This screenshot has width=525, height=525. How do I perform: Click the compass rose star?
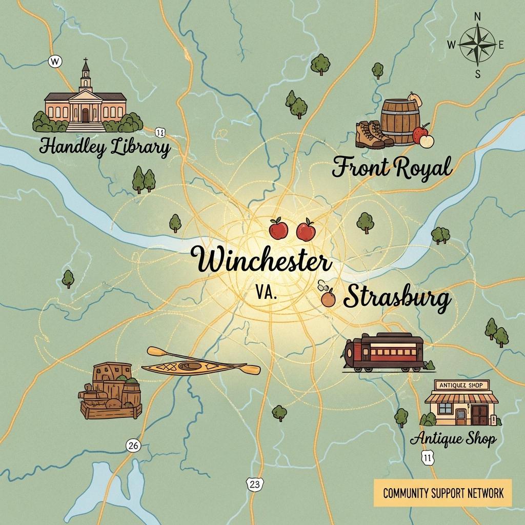pyautogui.click(x=477, y=45)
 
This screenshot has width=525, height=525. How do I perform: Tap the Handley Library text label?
pyautogui.click(x=105, y=148)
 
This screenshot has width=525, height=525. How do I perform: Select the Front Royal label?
pyautogui.click(x=392, y=168)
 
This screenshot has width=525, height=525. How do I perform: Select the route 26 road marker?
pyautogui.click(x=133, y=446)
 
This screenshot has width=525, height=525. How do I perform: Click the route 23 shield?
pyautogui.click(x=254, y=483)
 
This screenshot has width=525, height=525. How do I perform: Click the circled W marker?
pyautogui.click(x=55, y=62)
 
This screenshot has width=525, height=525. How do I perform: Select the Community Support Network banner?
pyautogui.click(x=442, y=493)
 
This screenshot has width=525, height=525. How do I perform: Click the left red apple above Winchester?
pyautogui.click(x=278, y=229)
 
